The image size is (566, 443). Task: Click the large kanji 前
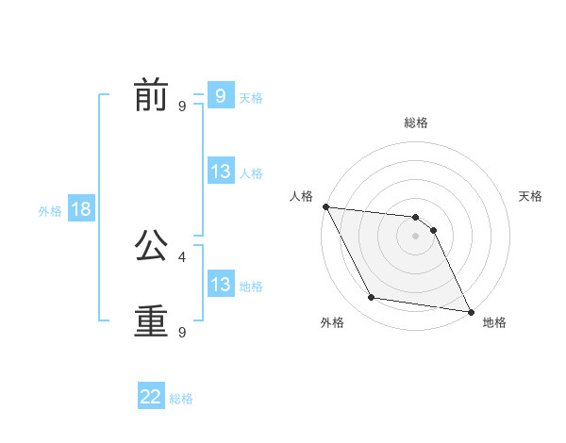(x=151, y=96)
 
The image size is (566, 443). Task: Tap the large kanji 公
(x=151, y=247)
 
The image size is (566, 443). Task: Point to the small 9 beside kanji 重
(x=182, y=332)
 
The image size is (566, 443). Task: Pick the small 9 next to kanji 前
(x=182, y=107)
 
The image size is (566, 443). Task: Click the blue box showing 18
(x=81, y=209)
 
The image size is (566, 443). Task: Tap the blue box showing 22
(x=151, y=397)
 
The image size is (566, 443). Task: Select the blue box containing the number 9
(x=220, y=95)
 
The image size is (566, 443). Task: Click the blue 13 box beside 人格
(x=220, y=172)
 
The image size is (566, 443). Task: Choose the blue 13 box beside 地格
(x=220, y=285)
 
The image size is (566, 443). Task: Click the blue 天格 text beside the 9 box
(x=251, y=97)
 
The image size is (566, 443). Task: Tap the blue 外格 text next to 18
(x=50, y=211)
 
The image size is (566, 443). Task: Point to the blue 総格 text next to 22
(x=181, y=399)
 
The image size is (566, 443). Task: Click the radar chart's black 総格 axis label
(x=416, y=123)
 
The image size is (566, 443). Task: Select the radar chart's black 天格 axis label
(x=531, y=196)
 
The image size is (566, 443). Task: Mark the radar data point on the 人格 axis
(x=325, y=206)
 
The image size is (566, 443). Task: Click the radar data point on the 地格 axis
(x=469, y=311)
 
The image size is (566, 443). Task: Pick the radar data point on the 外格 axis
(x=372, y=298)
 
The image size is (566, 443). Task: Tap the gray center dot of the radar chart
(x=416, y=236)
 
